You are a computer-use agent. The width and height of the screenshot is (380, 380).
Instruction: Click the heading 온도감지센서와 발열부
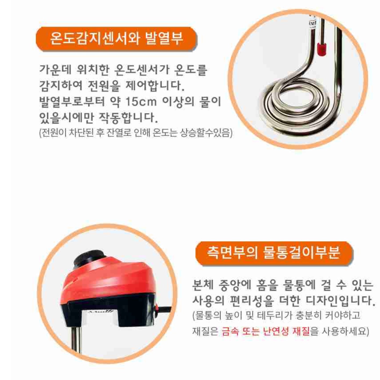coord(116,38)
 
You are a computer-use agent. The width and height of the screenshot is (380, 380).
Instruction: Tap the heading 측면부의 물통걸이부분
coord(273,253)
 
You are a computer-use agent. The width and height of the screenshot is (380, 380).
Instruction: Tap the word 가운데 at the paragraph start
coord(55,70)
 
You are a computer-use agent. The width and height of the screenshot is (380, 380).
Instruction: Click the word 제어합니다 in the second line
coord(155,86)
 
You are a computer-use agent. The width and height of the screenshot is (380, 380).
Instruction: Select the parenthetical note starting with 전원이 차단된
coord(136,132)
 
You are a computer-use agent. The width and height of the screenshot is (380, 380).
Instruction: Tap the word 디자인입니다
coord(340,300)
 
